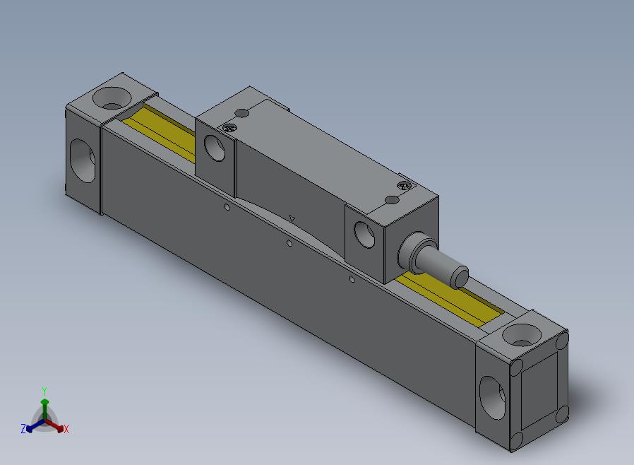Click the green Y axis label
[44, 391]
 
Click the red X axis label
[66, 429]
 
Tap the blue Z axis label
[23, 429]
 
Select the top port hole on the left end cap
[112, 98]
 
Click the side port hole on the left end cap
[83, 160]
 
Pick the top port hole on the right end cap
[522, 335]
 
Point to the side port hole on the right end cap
[492, 399]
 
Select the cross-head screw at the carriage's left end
[229, 128]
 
